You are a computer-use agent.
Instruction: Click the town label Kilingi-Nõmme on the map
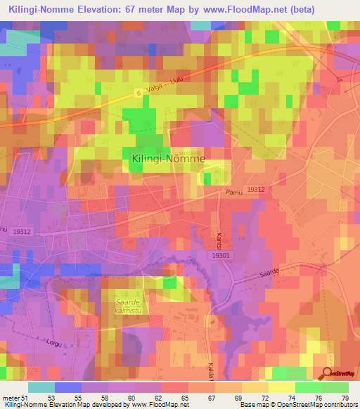168,159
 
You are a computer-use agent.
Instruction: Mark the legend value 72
264,397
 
